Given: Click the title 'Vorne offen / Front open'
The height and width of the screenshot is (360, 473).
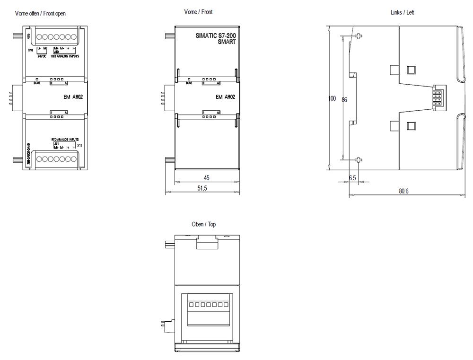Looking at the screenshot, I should click(40, 13).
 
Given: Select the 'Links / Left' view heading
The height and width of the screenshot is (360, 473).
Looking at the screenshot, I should click(402, 12).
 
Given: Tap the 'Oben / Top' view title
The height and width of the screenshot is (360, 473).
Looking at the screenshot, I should click(204, 224).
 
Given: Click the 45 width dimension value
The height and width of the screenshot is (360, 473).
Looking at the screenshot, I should click(207, 178).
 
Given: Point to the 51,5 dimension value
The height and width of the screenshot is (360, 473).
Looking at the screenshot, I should click(202, 188).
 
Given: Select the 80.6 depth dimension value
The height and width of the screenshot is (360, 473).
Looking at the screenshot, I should click(403, 191).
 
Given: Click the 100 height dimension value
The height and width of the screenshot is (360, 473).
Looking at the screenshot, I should click(332, 98).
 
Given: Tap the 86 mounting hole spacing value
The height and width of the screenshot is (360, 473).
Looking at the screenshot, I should click(344, 100).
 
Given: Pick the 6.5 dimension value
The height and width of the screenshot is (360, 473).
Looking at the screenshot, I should click(352, 178).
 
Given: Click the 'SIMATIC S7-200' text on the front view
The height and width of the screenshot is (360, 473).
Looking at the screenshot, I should click(215, 35).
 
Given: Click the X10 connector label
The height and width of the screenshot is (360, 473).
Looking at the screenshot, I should click(30, 50).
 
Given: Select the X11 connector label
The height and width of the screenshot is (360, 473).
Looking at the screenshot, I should click(79, 146).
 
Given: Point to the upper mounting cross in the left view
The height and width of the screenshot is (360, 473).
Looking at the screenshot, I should click(359, 36).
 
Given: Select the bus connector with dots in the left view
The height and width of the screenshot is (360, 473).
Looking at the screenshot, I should click(437, 98).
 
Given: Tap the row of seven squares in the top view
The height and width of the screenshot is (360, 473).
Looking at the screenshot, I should click(206, 305).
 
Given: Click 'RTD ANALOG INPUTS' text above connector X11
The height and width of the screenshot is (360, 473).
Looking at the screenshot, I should click(66, 140).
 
